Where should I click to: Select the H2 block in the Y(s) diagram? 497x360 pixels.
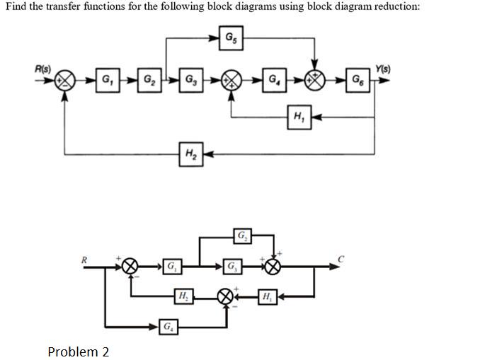[x=190, y=153]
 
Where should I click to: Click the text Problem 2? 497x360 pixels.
[x=78, y=352]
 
